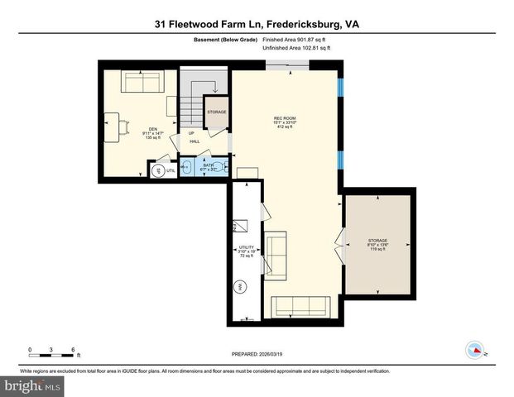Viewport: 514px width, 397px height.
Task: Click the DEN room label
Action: (x=152, y=132)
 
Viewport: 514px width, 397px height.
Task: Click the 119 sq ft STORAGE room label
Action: (x=377, y=244)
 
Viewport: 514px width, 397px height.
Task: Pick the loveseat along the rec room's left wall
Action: (x=276, y=255)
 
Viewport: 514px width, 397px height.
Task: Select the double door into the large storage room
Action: (x=340, y=248)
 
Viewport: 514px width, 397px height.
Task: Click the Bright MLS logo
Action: (x=31, y=385)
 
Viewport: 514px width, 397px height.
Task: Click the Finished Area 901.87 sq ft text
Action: (x=296, y=39)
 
